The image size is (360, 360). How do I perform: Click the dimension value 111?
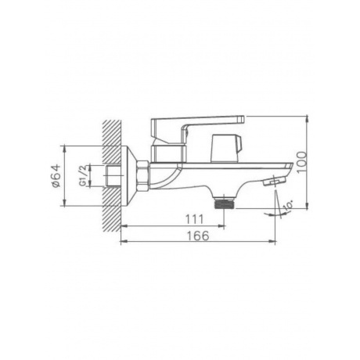pos(194,219)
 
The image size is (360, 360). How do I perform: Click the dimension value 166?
pos(198,236)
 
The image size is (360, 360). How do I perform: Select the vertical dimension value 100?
pos(302,162)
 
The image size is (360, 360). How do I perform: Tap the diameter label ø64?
pos(56,175)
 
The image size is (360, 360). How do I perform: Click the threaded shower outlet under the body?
pos(225,203)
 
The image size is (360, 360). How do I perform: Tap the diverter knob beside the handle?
pos(227,148)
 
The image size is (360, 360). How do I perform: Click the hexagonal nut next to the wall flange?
pos(142,176)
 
